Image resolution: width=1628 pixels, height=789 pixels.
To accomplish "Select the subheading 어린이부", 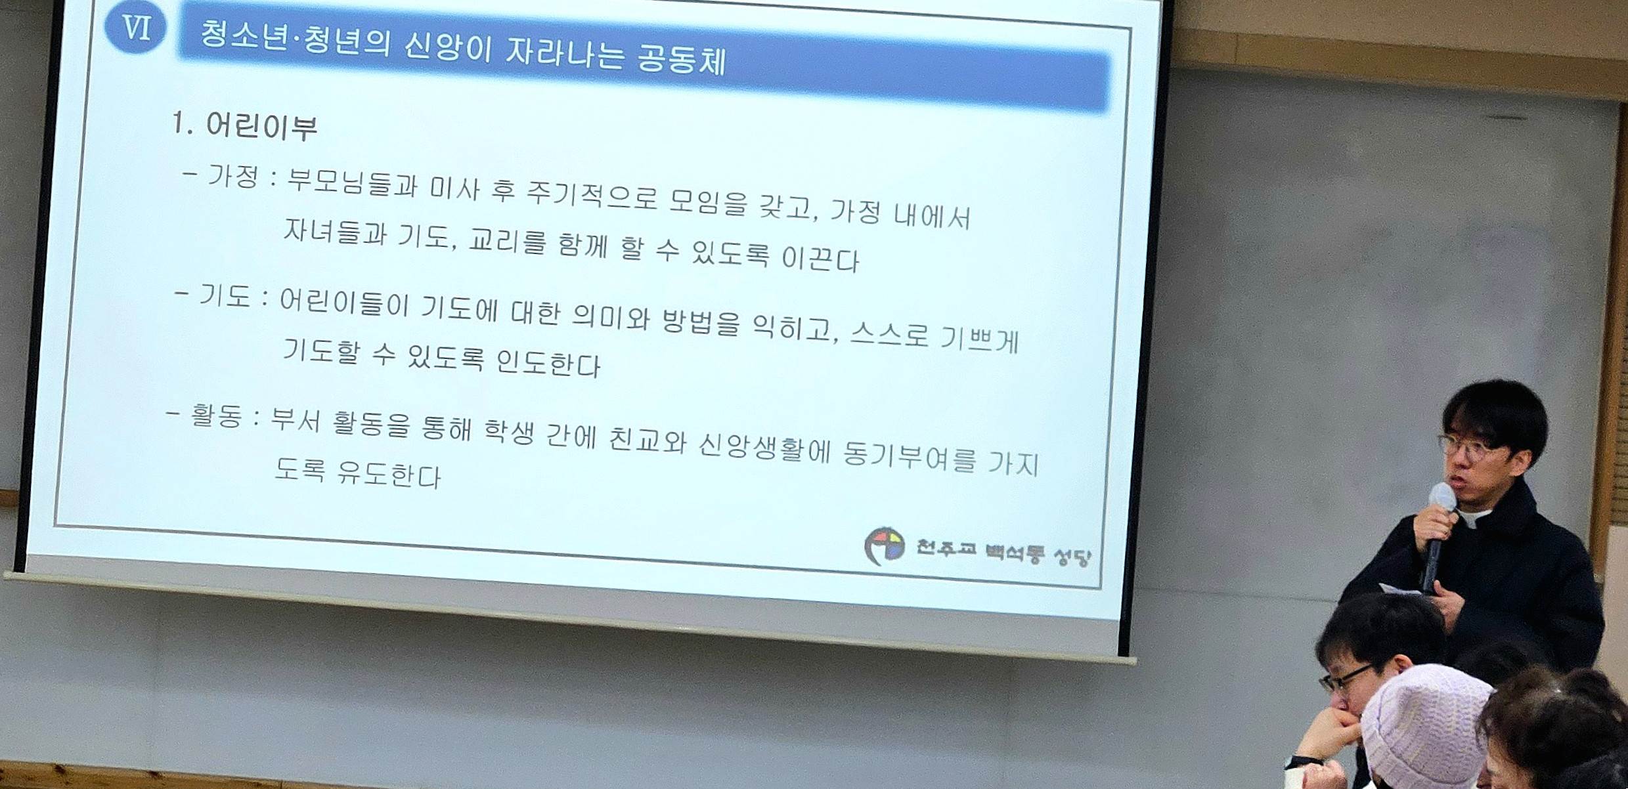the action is pos(261,126).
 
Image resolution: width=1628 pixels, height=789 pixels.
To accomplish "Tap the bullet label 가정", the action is pos(233,176).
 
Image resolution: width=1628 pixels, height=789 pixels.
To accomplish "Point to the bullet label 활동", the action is pos(217,416).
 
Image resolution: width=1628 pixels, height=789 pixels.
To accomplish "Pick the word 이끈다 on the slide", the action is pos(820,259).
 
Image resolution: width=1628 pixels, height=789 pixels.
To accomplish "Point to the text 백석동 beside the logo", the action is pos(1015,553).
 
